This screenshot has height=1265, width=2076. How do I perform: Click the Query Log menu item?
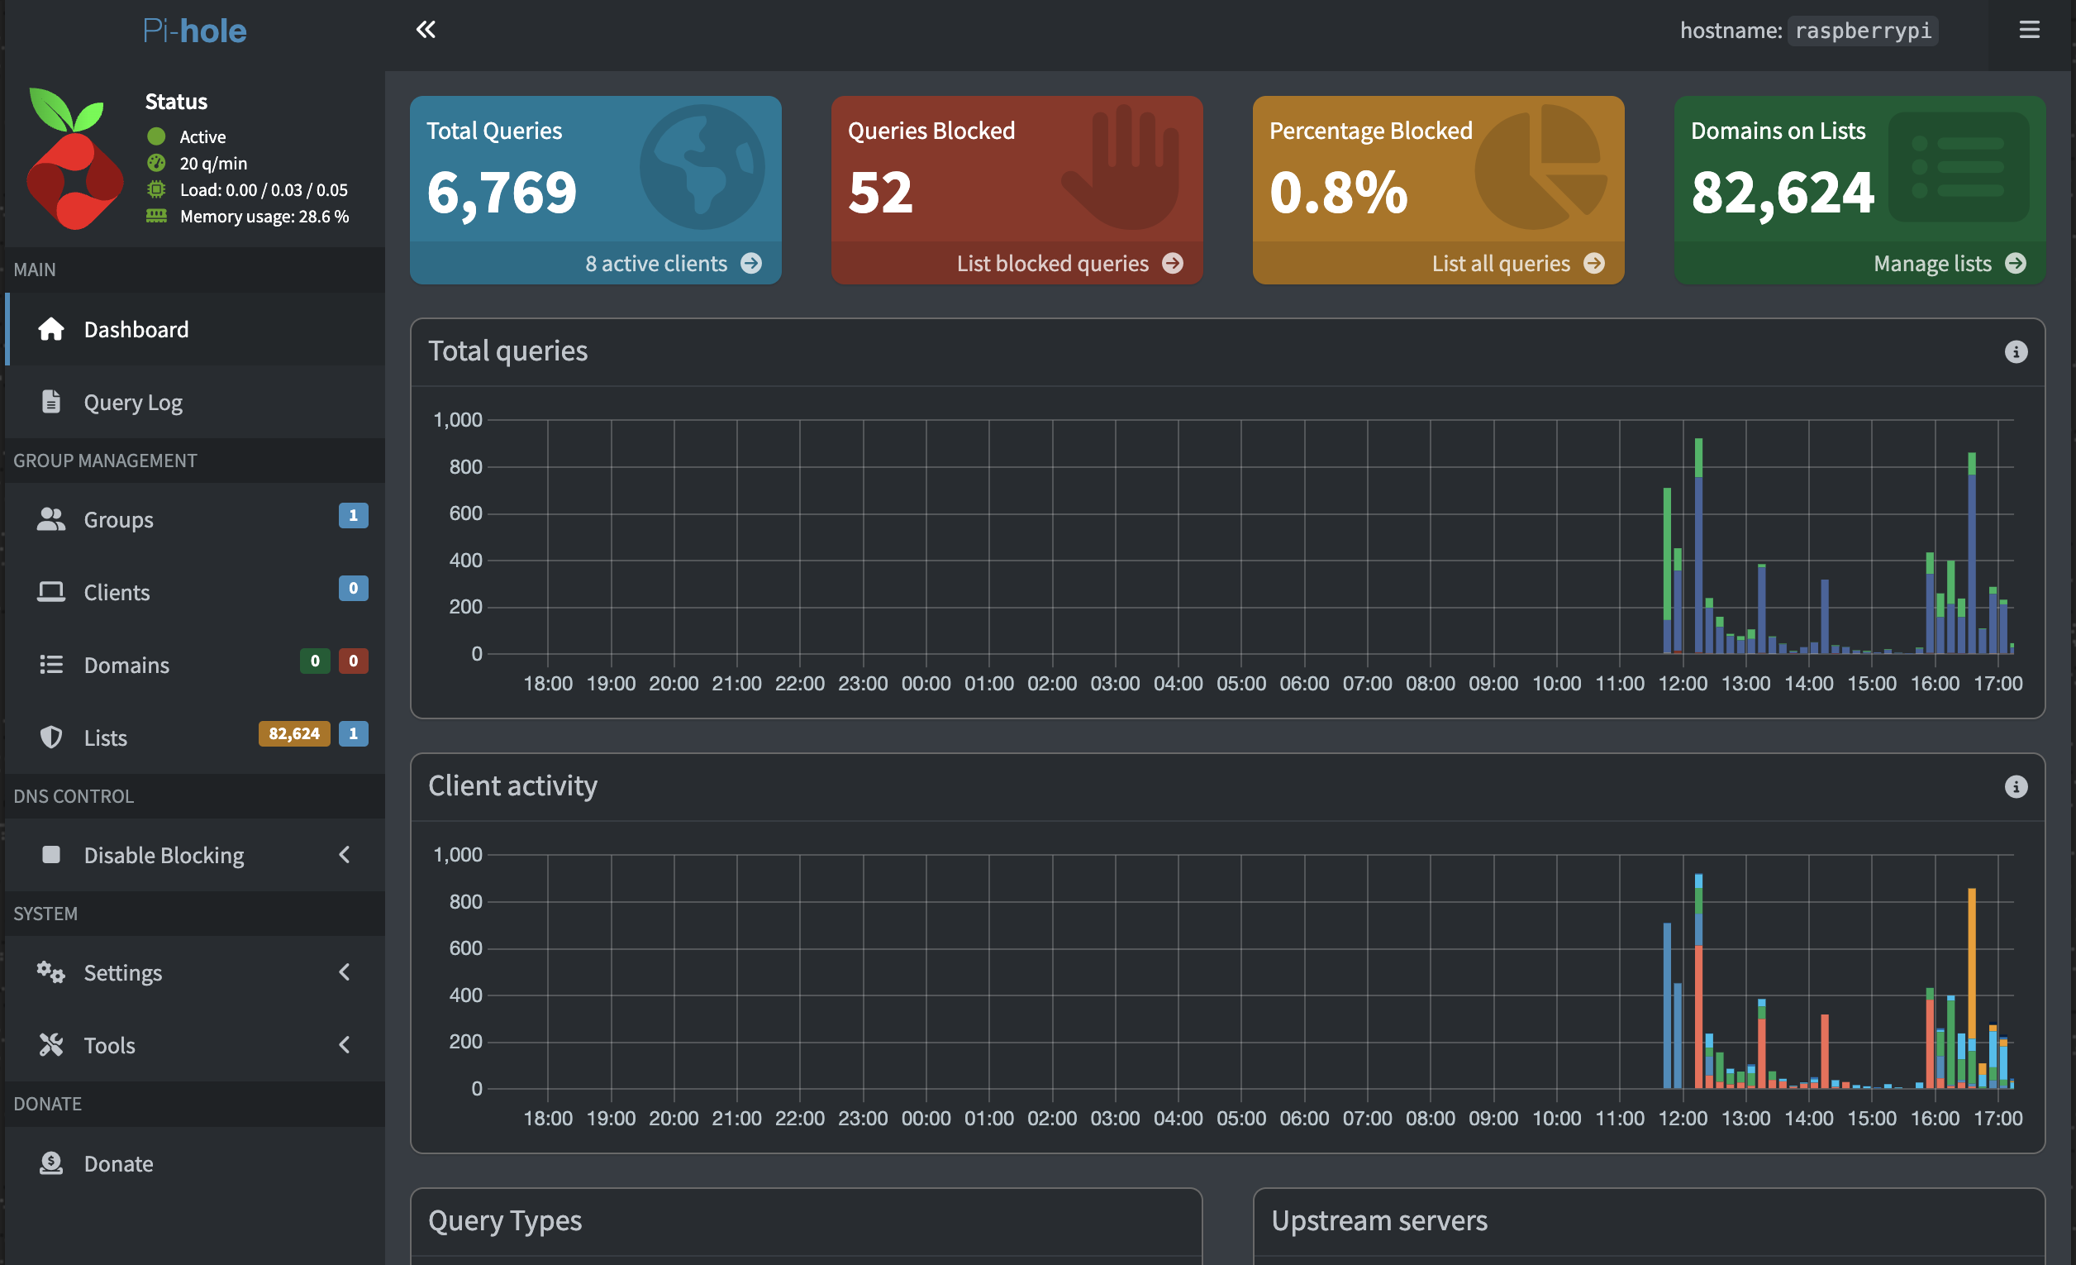pyautogui.click(x=133, y=403)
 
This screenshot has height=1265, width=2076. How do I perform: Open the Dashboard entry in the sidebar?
pyautogui.click(x=136, y=330)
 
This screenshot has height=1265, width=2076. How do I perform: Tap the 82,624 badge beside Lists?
pyautogui.click(x=294, y=734)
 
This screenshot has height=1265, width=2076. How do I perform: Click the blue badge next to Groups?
pyautogui.click(x=353, y=516)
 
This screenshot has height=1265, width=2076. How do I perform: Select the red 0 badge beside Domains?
pyautogui.click(x=353, y=661)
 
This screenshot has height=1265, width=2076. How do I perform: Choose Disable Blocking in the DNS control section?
pyautogui.click(x=164, y=856)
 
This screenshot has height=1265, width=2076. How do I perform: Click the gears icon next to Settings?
pyautogui.click(x=50, y=972)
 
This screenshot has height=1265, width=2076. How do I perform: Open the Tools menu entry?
pyautogui.click(x=110, y=1046)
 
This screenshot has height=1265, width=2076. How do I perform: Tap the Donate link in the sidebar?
pyautogui.click(x=118, y=1164)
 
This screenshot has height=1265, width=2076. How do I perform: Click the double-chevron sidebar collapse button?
pyautogui.click(x=426, y=31)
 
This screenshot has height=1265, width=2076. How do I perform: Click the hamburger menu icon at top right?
pyautogui.click(x=2030, y=31)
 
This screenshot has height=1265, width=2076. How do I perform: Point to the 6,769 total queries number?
pyautogui.click(x=502, y=193)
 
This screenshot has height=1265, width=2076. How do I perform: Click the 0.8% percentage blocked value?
pyautogui.click(x=1338, y=193)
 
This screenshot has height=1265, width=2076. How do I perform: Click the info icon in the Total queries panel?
pyautogui.click(x=2016, y=352)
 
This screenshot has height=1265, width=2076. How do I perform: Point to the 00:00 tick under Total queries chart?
pyautogui.click(x=926, y=684)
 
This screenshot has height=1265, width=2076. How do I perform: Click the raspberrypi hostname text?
pyautogui.click(x=1863, y=31)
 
